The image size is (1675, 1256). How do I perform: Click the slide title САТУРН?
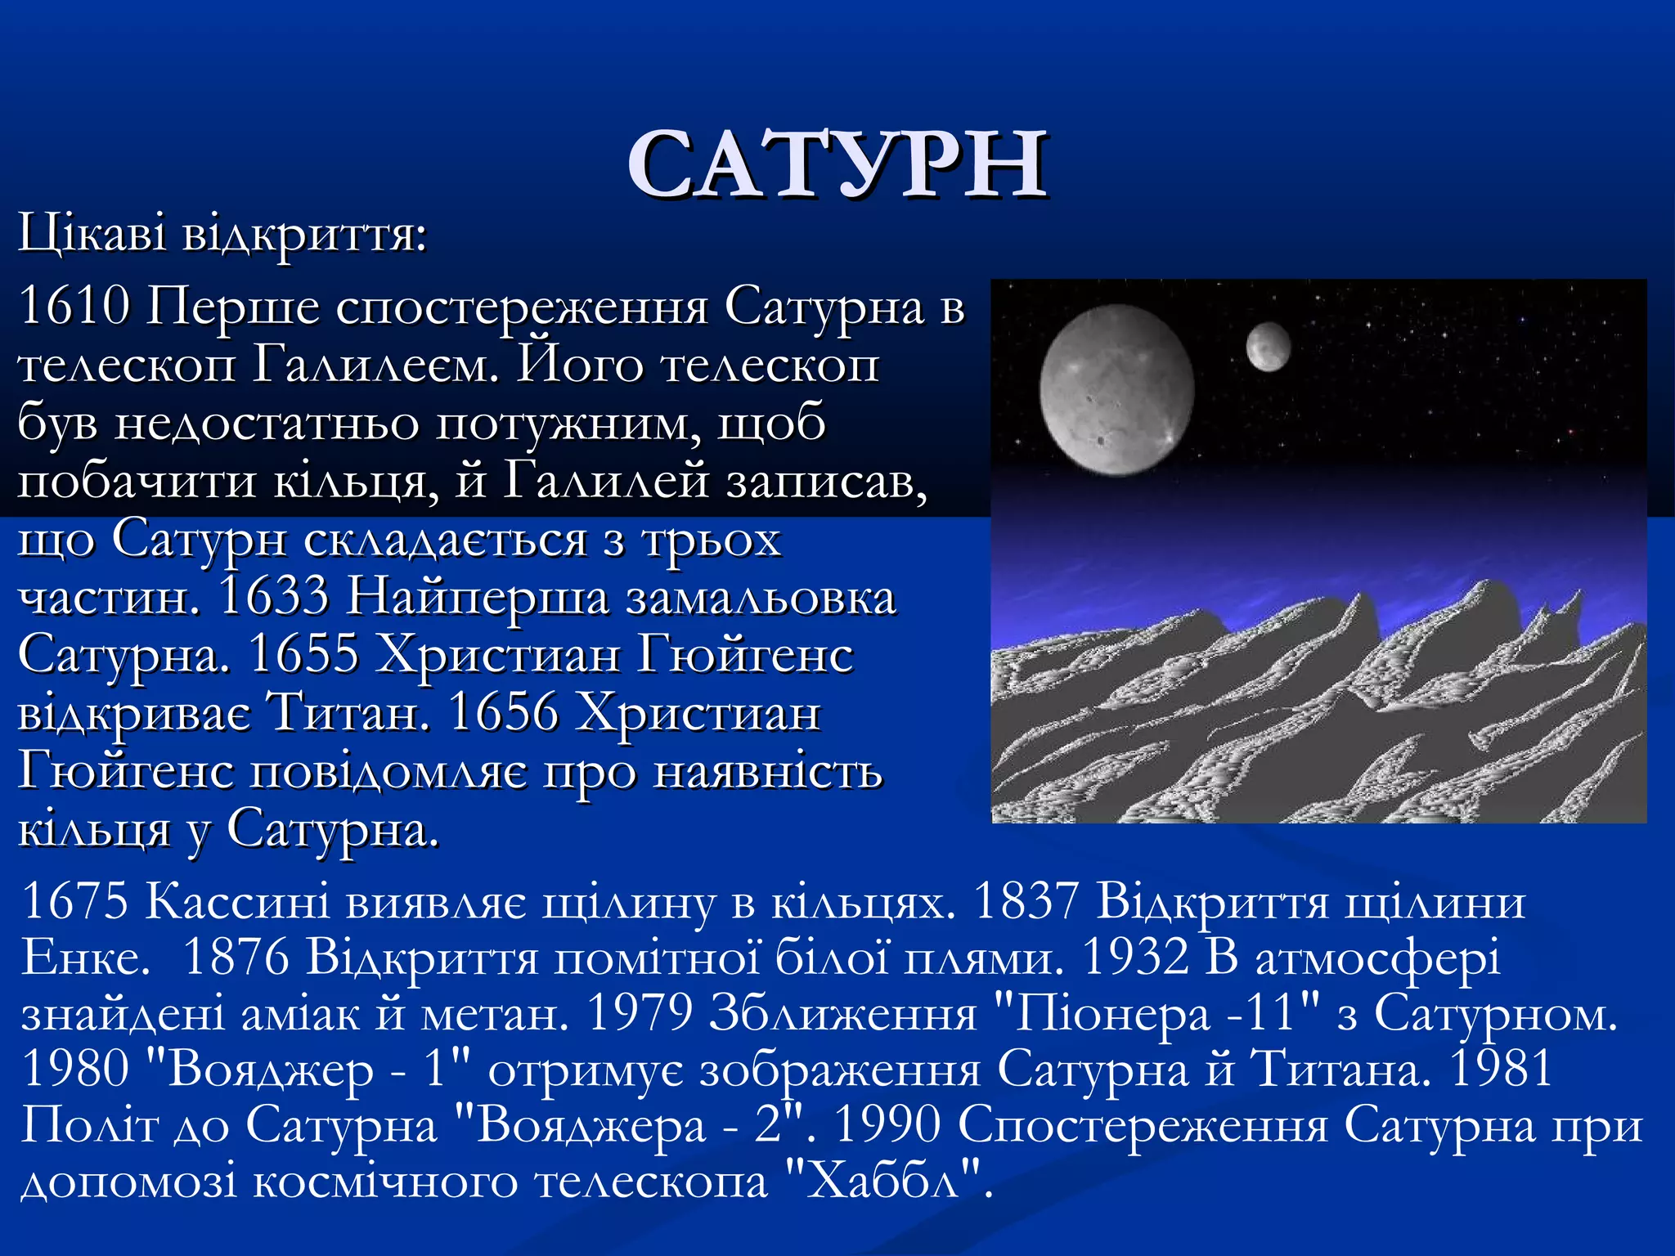[837, 165]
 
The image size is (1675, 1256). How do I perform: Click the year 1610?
[74, 307]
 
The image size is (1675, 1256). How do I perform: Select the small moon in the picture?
[1268, 346]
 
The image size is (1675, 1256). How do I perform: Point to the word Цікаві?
[92, 234]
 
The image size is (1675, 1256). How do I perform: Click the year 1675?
[74, 902]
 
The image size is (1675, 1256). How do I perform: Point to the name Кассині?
[238, 902]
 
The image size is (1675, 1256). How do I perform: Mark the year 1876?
[236, 958]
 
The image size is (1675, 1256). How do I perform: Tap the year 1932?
[1134, 958]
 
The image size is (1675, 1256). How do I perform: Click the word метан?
[494, 1014]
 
